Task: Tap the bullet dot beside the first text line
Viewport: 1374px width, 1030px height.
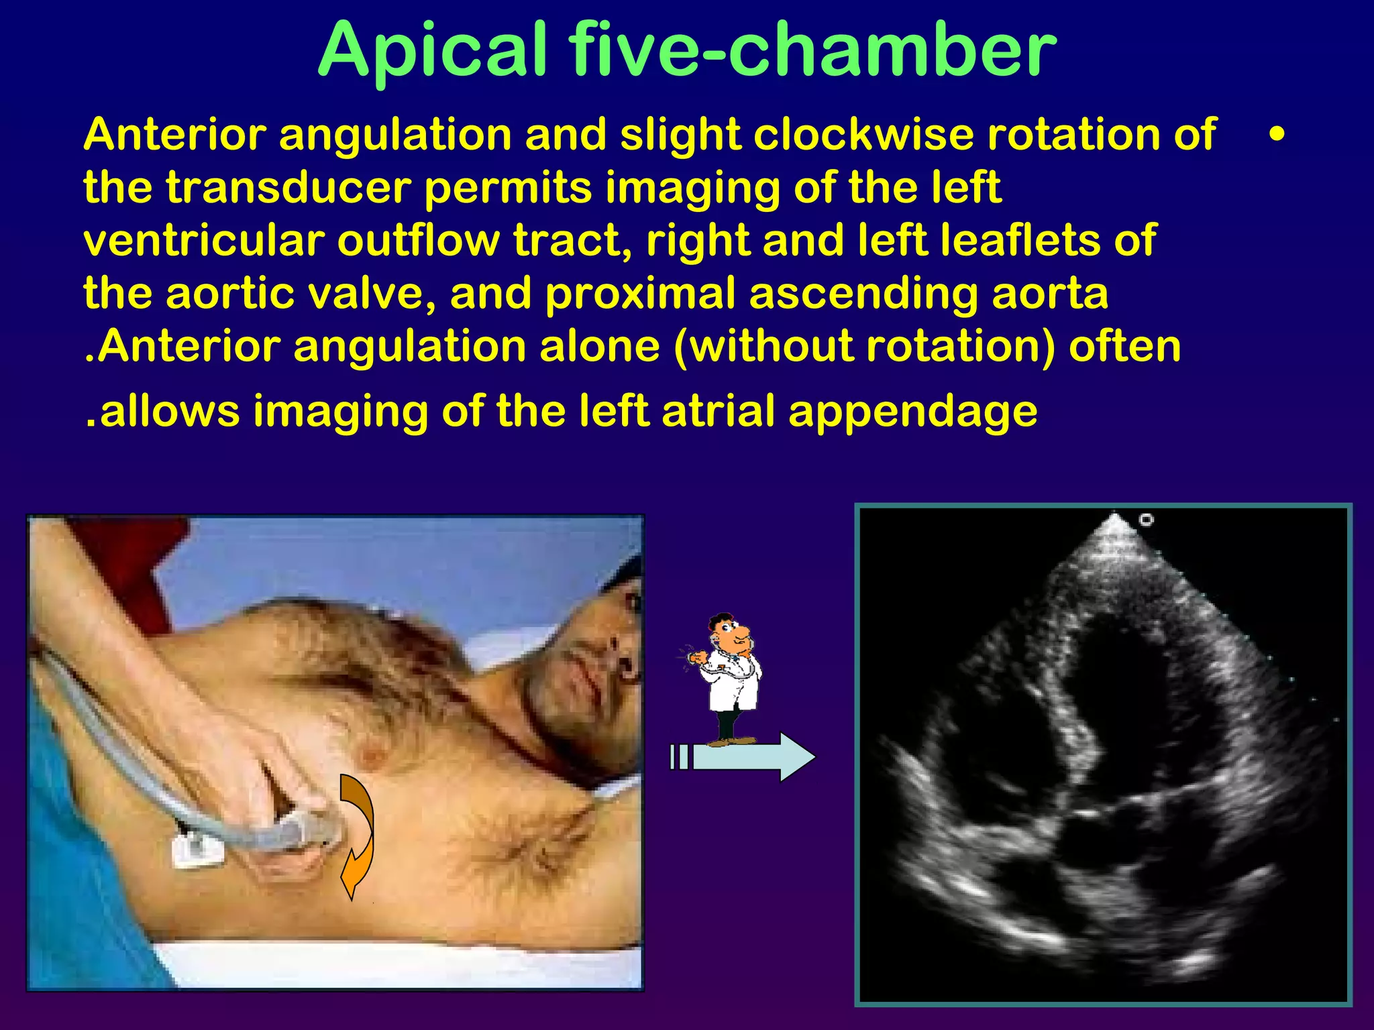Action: [x=1277, y=135]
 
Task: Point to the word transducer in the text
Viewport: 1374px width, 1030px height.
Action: [x=288, y=188]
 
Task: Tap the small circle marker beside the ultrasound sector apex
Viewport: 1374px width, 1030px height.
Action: [x=1146, y=520]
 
